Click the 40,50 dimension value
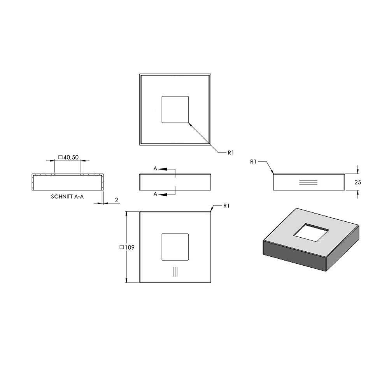click(x=71, y=157)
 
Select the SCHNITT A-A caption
click(x=67, y=197)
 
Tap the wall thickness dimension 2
click(x=117, y=200)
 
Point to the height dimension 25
click(x=358, y=182)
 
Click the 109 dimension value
click(x=130, y=247)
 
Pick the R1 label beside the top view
click(x=231, y=153)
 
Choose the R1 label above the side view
click(x=253, y=162)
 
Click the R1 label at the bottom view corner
click(x=226, y=206)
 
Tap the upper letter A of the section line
click(x=155, y=169)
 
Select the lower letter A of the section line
click(x=155, y=194)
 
